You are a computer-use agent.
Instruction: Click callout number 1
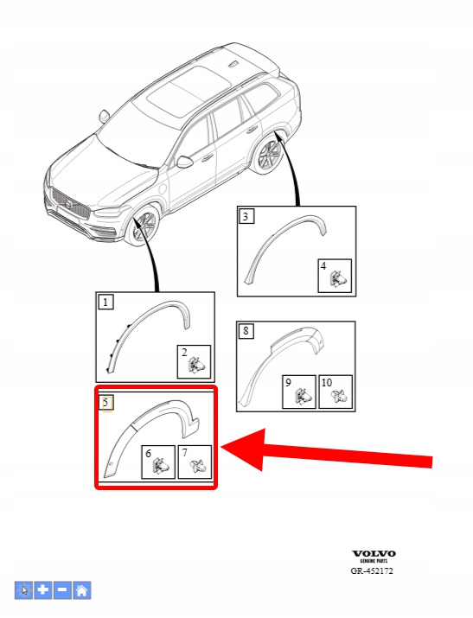105,303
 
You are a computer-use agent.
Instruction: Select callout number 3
246,216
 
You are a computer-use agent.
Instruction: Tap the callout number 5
105,403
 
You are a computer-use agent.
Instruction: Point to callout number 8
246,331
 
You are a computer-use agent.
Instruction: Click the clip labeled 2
196,364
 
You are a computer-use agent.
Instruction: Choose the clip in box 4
337,278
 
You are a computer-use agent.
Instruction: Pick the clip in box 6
161,466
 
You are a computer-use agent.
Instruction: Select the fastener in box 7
197,467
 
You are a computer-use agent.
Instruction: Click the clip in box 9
302,396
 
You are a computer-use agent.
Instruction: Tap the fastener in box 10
339,396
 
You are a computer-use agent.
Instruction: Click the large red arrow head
245,449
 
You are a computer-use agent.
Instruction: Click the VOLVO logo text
374,554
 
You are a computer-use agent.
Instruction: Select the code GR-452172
372,570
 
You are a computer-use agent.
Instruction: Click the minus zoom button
62,590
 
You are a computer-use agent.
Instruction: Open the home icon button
81,590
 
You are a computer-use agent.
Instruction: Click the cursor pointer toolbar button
24,590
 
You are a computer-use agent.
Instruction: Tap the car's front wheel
145,227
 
